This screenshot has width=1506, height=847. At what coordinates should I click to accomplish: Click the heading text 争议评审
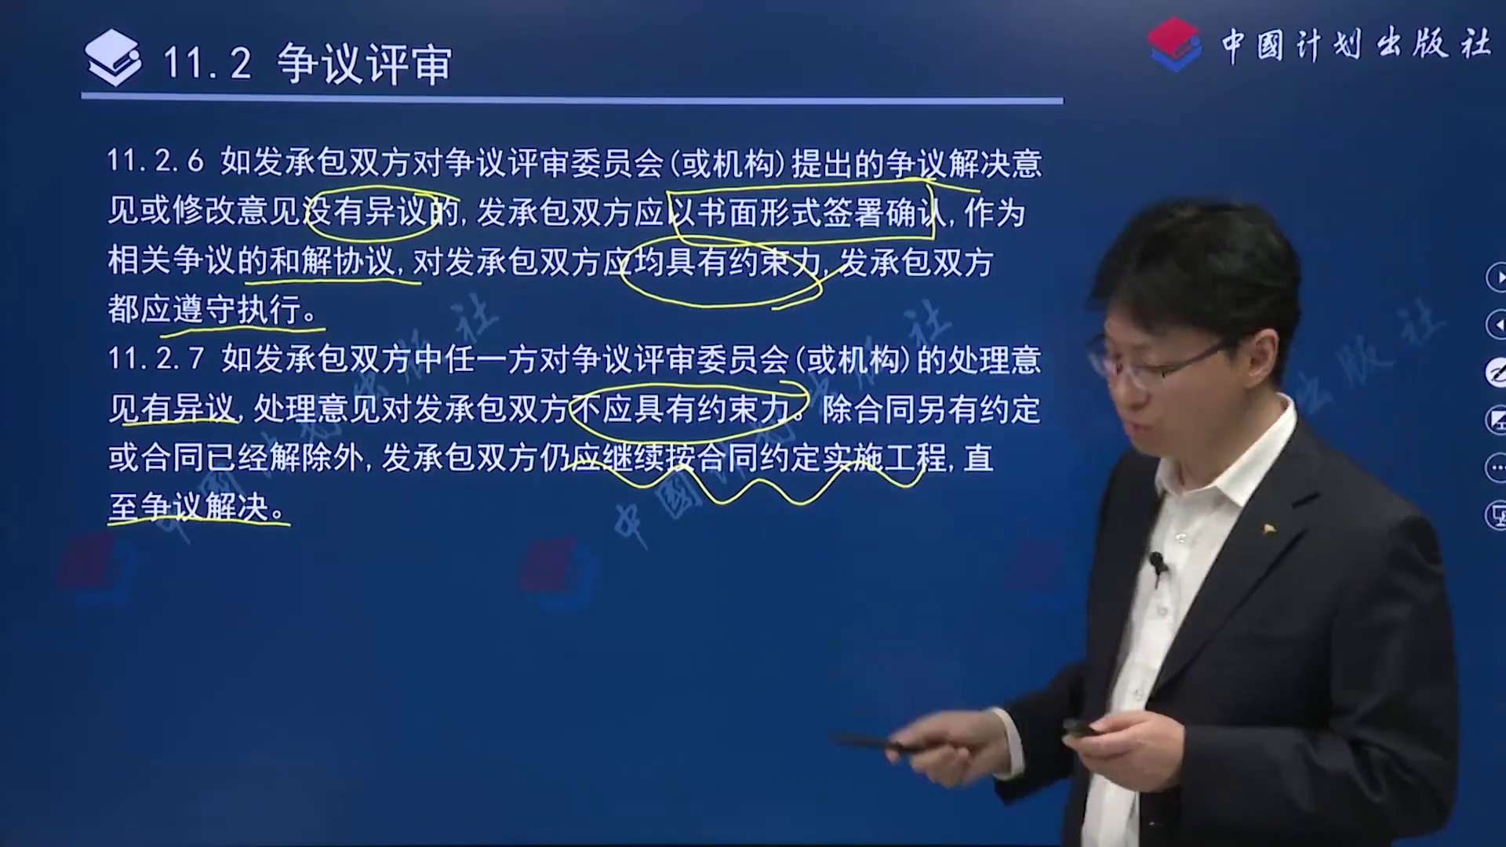click(x=365, y=63)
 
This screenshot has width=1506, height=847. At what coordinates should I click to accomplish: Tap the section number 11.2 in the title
click(x=207, y=63)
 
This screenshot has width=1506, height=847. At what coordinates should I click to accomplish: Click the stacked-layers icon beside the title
click(x=113, y=57)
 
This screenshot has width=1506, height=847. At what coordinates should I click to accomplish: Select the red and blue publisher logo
click(x=1174, y=44)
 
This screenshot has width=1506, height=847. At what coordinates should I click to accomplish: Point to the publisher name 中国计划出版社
click(x=1356, y=44)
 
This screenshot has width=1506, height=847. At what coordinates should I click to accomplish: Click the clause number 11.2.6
click(x=155, y=162)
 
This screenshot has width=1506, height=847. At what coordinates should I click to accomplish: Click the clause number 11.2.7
click(x=155, y=359)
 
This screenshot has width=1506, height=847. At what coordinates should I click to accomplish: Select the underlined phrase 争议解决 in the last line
click(x=205, y=507)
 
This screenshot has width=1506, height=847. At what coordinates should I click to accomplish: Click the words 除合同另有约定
click(x=931, y=409)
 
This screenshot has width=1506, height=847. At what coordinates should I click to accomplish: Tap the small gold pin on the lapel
click(x=1265, y=528)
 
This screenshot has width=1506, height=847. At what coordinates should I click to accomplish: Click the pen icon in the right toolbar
click(x=1496, y=373)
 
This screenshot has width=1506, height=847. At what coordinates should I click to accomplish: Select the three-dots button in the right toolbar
click(x=1496, y=468)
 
